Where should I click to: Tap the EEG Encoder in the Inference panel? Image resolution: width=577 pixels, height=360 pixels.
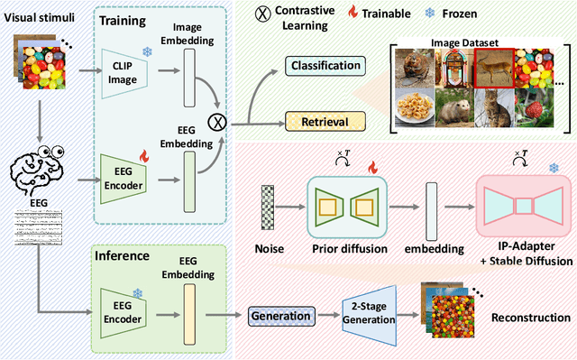(x=126, y=303)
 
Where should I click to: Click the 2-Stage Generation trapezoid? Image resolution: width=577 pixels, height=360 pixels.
(x=370, y=315)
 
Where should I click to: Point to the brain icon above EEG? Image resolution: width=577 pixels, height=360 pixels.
(x=40, y=166)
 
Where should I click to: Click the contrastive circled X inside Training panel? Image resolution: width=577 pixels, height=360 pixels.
(x=216, y=119)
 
